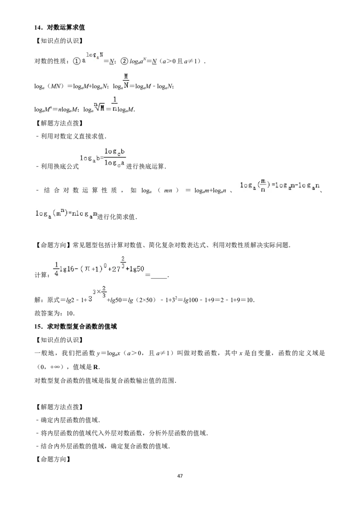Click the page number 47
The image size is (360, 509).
[x=180, y=476]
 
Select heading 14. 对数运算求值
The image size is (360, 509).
[x=60, y=27]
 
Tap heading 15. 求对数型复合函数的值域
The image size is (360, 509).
[x=76, y=326]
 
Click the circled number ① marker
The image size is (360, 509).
[x=76, y=61]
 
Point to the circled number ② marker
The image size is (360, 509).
[x=124, y=61]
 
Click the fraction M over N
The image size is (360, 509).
[x=126, y=81]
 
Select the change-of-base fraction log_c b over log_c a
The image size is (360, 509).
[x=114, y=157]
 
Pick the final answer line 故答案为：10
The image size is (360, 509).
[x=54, y=313]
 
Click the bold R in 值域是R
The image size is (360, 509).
[x=96, y=367]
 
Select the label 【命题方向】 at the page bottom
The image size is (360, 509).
[x=53, y=460]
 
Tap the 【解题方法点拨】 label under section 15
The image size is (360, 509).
[x=59, y=407]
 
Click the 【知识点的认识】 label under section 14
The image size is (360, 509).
[x=59, y=41]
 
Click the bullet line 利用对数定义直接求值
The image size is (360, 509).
[x=71, y=136]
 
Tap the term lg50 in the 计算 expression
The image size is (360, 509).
[x=137, y=269]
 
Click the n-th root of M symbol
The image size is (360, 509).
[x=99, y=107]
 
